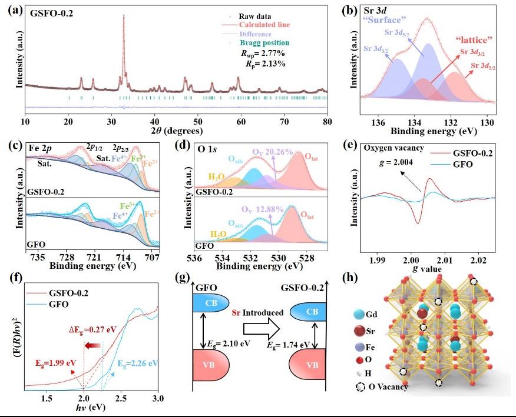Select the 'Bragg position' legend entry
264,43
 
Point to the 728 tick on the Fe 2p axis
67,257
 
